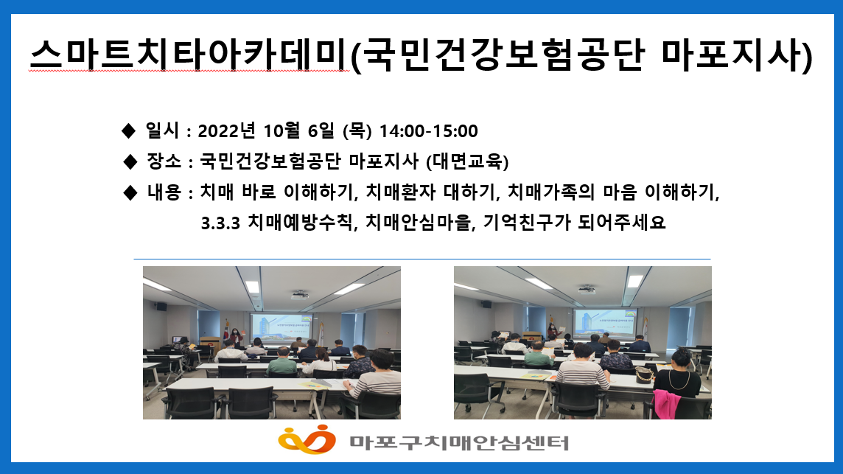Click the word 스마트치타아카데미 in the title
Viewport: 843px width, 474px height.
point(189,55)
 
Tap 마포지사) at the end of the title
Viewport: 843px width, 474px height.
point(737,55)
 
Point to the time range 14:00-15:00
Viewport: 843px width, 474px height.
point(428,130)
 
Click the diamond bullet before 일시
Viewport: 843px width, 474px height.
point(129,130)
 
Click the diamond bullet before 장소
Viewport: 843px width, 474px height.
point(130,161)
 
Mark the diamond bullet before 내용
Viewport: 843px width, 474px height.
point(130,192)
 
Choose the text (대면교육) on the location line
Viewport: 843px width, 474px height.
point(467,161)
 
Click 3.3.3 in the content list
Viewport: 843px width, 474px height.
point(220,223)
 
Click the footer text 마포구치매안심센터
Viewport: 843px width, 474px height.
point(459,443)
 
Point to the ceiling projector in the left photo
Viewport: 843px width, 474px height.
point(299,295)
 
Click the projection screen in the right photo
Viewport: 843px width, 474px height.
point(605,323)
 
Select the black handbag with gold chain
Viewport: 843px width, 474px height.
point(644,375)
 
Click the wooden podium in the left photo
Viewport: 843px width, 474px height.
point(210,345)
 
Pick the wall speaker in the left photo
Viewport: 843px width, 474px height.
point(161,307)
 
